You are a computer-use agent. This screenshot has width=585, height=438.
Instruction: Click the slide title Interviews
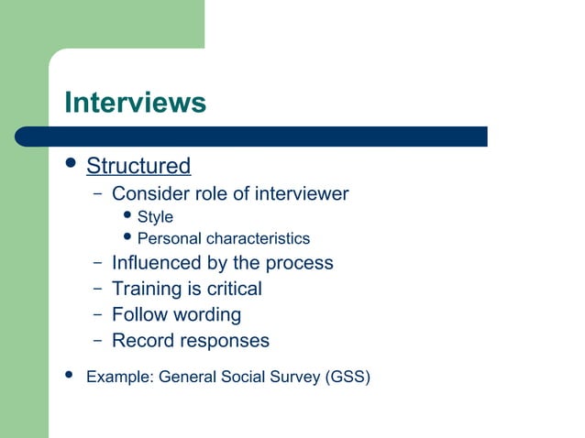point(135,102)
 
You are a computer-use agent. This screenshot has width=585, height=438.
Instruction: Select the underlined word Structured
point(138,167)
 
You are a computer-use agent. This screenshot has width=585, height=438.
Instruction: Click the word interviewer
point(301,193)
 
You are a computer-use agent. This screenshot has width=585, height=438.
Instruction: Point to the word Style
point(155,217)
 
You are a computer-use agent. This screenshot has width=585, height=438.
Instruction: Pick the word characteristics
point(258,239)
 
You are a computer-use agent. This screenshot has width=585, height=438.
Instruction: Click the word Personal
point(169,239)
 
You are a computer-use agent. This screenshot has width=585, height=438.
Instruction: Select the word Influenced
point(155,263)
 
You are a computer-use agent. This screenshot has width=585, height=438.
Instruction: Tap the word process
point(299,264)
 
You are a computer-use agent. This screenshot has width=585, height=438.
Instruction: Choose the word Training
point(147,289)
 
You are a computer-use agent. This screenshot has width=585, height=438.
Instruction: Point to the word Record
point(142,341)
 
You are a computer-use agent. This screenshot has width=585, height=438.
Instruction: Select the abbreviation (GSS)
point(348,376)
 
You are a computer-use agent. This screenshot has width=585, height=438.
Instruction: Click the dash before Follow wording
point(97,314)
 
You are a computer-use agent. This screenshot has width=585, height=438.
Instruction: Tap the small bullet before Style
point(128,216)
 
